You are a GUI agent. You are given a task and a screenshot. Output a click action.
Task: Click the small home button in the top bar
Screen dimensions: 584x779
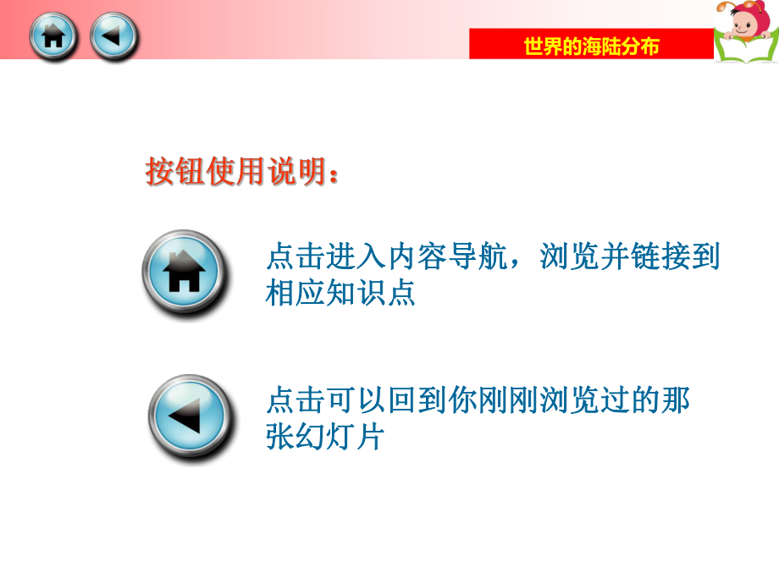click(x=53, y=36)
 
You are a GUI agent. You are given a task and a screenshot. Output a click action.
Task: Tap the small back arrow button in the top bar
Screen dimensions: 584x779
click(x=113, y=36)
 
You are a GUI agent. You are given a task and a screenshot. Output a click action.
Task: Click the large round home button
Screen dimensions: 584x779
click(x=184, y=273)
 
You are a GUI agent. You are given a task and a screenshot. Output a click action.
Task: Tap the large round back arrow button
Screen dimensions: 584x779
click(x=187, y=417)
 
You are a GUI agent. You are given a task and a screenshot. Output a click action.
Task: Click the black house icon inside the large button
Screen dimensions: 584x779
click(x=184, y=273)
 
